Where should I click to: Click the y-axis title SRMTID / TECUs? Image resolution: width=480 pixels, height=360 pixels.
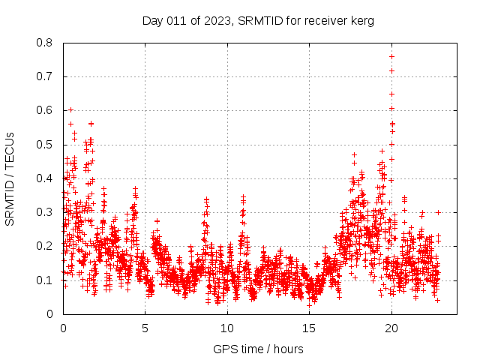pos(10,178)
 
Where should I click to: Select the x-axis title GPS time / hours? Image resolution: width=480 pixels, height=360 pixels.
pos(258,349)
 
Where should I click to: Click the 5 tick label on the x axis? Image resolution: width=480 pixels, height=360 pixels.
pos(145,328)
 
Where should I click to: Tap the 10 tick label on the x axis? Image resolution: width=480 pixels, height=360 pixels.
pos(227,328)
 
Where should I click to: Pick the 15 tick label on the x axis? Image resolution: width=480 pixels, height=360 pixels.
pos(309,328)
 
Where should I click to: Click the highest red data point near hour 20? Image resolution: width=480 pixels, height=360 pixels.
pos(391,56)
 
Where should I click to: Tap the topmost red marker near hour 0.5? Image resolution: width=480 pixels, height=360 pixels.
pos(70,109)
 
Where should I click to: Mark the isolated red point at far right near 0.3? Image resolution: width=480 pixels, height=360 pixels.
pos(438,212)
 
